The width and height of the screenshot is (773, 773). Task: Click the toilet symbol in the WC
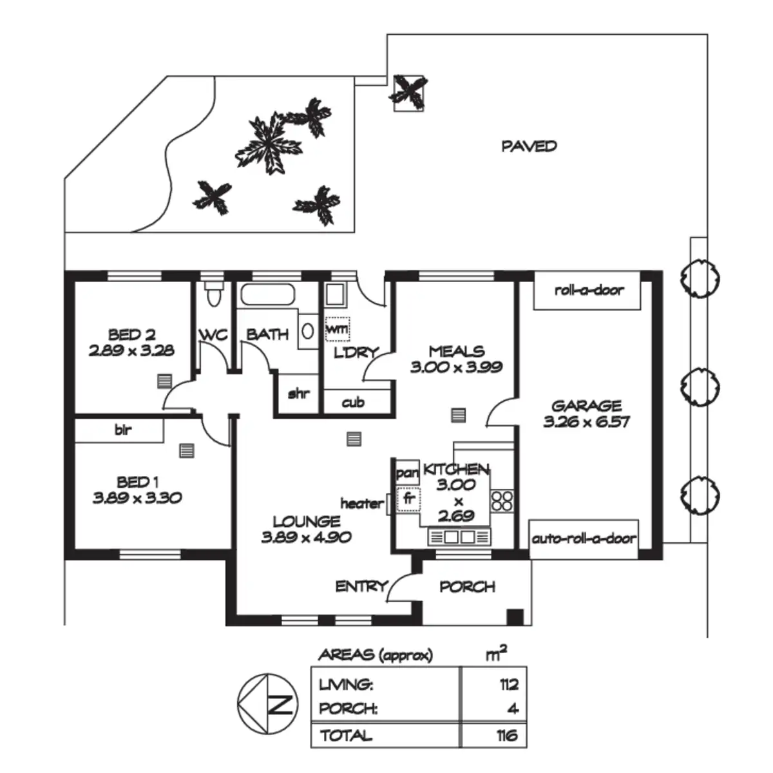click(213, 293)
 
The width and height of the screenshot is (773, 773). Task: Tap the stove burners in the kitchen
click(502, 501)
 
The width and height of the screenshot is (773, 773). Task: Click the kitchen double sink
click(459, 537)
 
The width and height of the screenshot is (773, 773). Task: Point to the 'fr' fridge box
click(408, 500)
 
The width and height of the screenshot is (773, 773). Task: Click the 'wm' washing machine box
click(338, 329)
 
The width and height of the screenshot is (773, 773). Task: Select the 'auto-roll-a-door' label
click(584, 539)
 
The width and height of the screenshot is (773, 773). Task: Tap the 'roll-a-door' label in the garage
click(589, 290)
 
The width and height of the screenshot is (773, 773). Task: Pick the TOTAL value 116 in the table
click(507, 736)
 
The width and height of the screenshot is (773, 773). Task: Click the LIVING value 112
click(510, 684)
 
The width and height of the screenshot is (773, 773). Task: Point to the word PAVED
click(529, 146)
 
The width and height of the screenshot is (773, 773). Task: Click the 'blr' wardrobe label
click(123, 430)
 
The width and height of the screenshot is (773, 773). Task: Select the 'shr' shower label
click(299, 394)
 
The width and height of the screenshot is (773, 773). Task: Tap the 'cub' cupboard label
click(353, 403)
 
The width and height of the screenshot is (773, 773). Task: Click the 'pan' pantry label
click(407, 473)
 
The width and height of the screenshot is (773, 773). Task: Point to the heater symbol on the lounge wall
click(388, 504)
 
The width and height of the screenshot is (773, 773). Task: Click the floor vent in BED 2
click(164, 381)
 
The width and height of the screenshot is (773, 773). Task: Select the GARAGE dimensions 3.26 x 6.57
click(586, 422)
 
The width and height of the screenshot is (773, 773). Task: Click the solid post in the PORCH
click(515, 616)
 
